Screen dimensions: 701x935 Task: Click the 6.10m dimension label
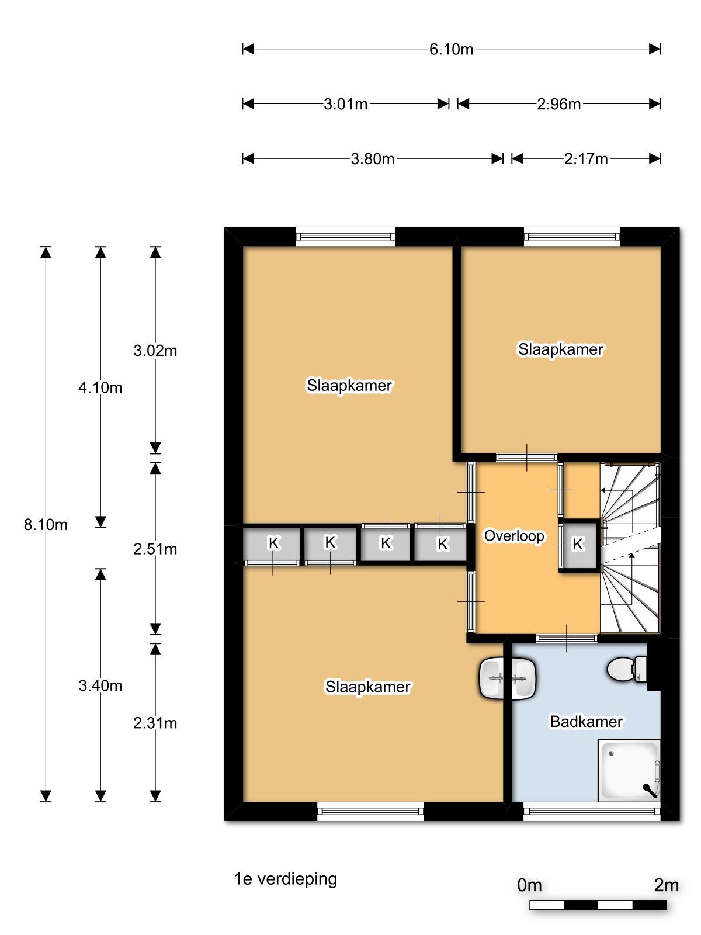pyautogui.click(x=451, y=50)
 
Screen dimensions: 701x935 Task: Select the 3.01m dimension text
pyautogui.click(x=345, y=104)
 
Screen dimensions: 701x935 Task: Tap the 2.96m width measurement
pyautogui.click(x=558, y=104)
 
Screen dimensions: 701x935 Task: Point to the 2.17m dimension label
pyautogui.click(x=586, y=159)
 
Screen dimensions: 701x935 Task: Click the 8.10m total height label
pyautogui.click(x=46, y=524)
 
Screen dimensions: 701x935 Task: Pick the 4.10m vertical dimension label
pyautogui.click(x=100, y=387)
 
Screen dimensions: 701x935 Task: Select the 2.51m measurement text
pyautogui.click(x=155, y=549)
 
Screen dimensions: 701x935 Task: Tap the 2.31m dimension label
pyautogui.click(x=155, y=723)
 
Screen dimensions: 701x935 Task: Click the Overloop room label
pyautogui.click(x=513, y=536)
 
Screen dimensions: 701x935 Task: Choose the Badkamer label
pyautogui.click(x=586, y=721)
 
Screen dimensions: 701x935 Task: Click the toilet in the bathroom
pyautogui.click(x=626, y=669)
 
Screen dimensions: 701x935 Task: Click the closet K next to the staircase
pyautogui.click(x=578, y=544)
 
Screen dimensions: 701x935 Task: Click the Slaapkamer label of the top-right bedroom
pyautogui.click(x=561, y=349)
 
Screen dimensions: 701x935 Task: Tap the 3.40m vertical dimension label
pyautogui.click(x=100, y=685)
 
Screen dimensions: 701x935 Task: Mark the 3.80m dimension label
pyautogui.click(x=373, y=159)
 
